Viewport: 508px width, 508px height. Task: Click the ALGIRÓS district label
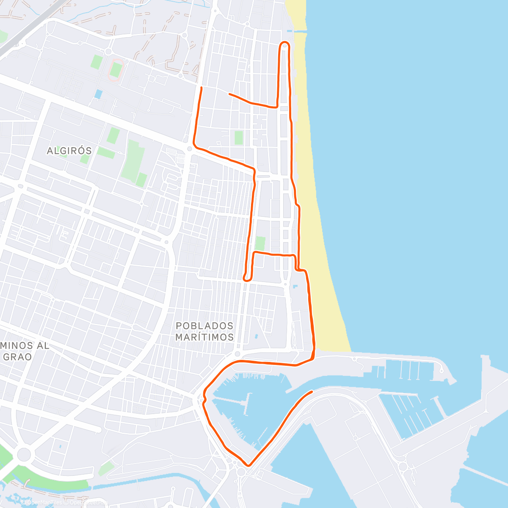pyautogui.click(x=69, y=151)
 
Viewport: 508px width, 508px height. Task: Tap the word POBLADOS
pyautogui.click(x=204, y=326)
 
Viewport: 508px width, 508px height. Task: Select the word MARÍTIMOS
pyautogui.click(x=204, y=337)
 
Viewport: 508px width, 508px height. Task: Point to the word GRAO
pyautogui.click(x=18, y=357)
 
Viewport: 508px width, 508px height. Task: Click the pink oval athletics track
pyautogui.click(x=115, y=69)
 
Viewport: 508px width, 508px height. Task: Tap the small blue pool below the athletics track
pyautogui.click(x=98, y=94)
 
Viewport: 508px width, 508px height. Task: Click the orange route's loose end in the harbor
pyautogui.click(x=312, y=392)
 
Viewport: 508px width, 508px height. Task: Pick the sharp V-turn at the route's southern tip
pyautogui.click(x=248, y=465)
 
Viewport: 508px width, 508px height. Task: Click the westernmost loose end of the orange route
pyautogui.click(x=201, y=88)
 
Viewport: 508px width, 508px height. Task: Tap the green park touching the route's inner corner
pyautogui.click(x=260, y=243)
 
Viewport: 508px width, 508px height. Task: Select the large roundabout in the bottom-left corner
pyautogui.click(x=24, y=455)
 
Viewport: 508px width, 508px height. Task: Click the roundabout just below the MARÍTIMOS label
pyautogui.click(x=237, y=354)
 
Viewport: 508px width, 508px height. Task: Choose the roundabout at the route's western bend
pyautogui.click(x=189, y=149)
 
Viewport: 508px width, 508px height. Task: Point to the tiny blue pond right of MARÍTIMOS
pyautogui.click(x=256, y=337)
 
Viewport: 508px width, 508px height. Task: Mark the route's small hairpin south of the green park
pyautogui.click(x=246, y=278)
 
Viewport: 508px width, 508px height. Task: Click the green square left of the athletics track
pyautogui.click(x=96, y=62)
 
